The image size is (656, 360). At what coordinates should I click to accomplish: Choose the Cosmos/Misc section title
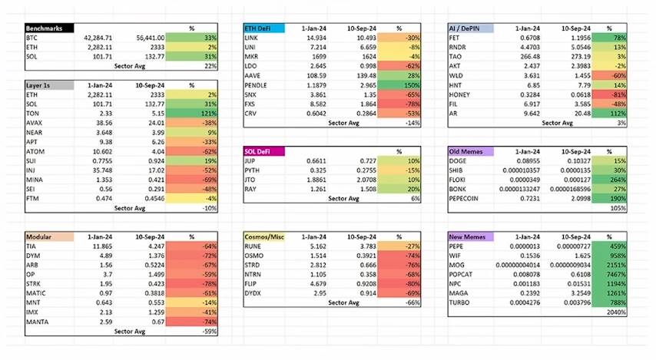click(x=263, y=236)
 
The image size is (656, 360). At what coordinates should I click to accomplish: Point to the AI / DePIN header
click(x=470, y=28)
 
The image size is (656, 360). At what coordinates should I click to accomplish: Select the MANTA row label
click(x=37, y=322)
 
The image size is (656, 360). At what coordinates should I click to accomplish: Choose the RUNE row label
click(x=253, y=246)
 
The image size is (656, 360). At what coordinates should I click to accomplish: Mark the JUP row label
click(x=251, y=160)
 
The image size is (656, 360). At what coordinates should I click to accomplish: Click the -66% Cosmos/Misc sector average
click(x=412, y=302)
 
